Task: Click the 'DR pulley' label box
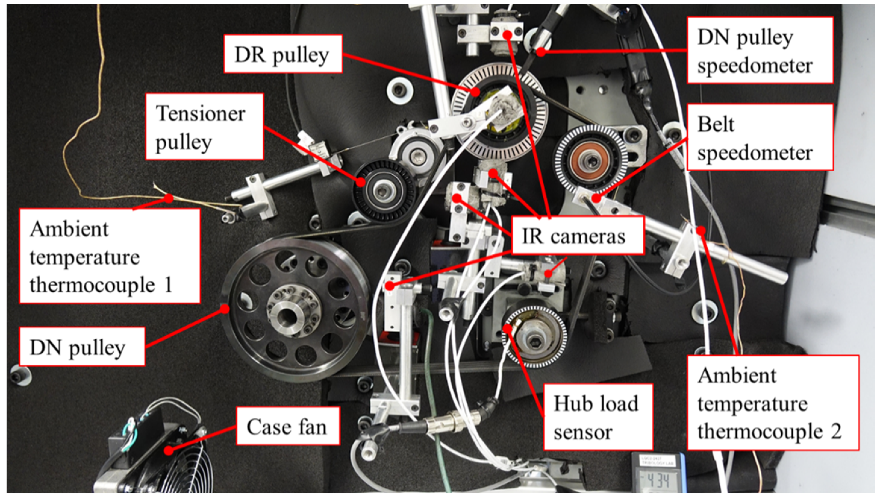[x=283, y=54]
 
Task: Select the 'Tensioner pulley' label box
[x=204, y=127]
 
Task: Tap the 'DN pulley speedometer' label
[x=760, y=50]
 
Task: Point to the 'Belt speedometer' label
[x=760, y=137]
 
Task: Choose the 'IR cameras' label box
[x=577, y=236]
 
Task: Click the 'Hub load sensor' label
[x=598, y=417]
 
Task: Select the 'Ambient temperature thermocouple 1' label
[x=109, y=256]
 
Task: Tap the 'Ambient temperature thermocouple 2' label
[x=772, y=402]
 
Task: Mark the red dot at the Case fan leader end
[x=169, y=450]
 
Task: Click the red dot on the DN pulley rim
[x=225, y=309]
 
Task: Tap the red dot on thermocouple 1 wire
[x=168, y=198]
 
